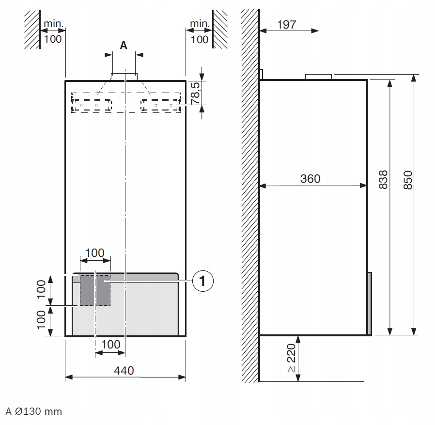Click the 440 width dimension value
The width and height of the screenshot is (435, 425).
[x=124, y=371]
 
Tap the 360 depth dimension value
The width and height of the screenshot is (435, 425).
[x=310, y=179]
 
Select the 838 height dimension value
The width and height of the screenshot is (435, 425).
[x=383, y=180]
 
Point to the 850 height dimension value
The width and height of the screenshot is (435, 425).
[x=408, y=180]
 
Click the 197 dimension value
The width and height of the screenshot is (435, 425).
[x=287, y=25]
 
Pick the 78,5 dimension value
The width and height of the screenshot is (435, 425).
[x=196, y=93]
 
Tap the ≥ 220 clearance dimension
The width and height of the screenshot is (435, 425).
[x=291, y=358]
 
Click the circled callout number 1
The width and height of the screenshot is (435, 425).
[x=203, y=281]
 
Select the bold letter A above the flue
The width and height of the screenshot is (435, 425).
[x=124, y=45]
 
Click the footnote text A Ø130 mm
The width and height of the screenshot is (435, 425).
[x=33, y=411]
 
